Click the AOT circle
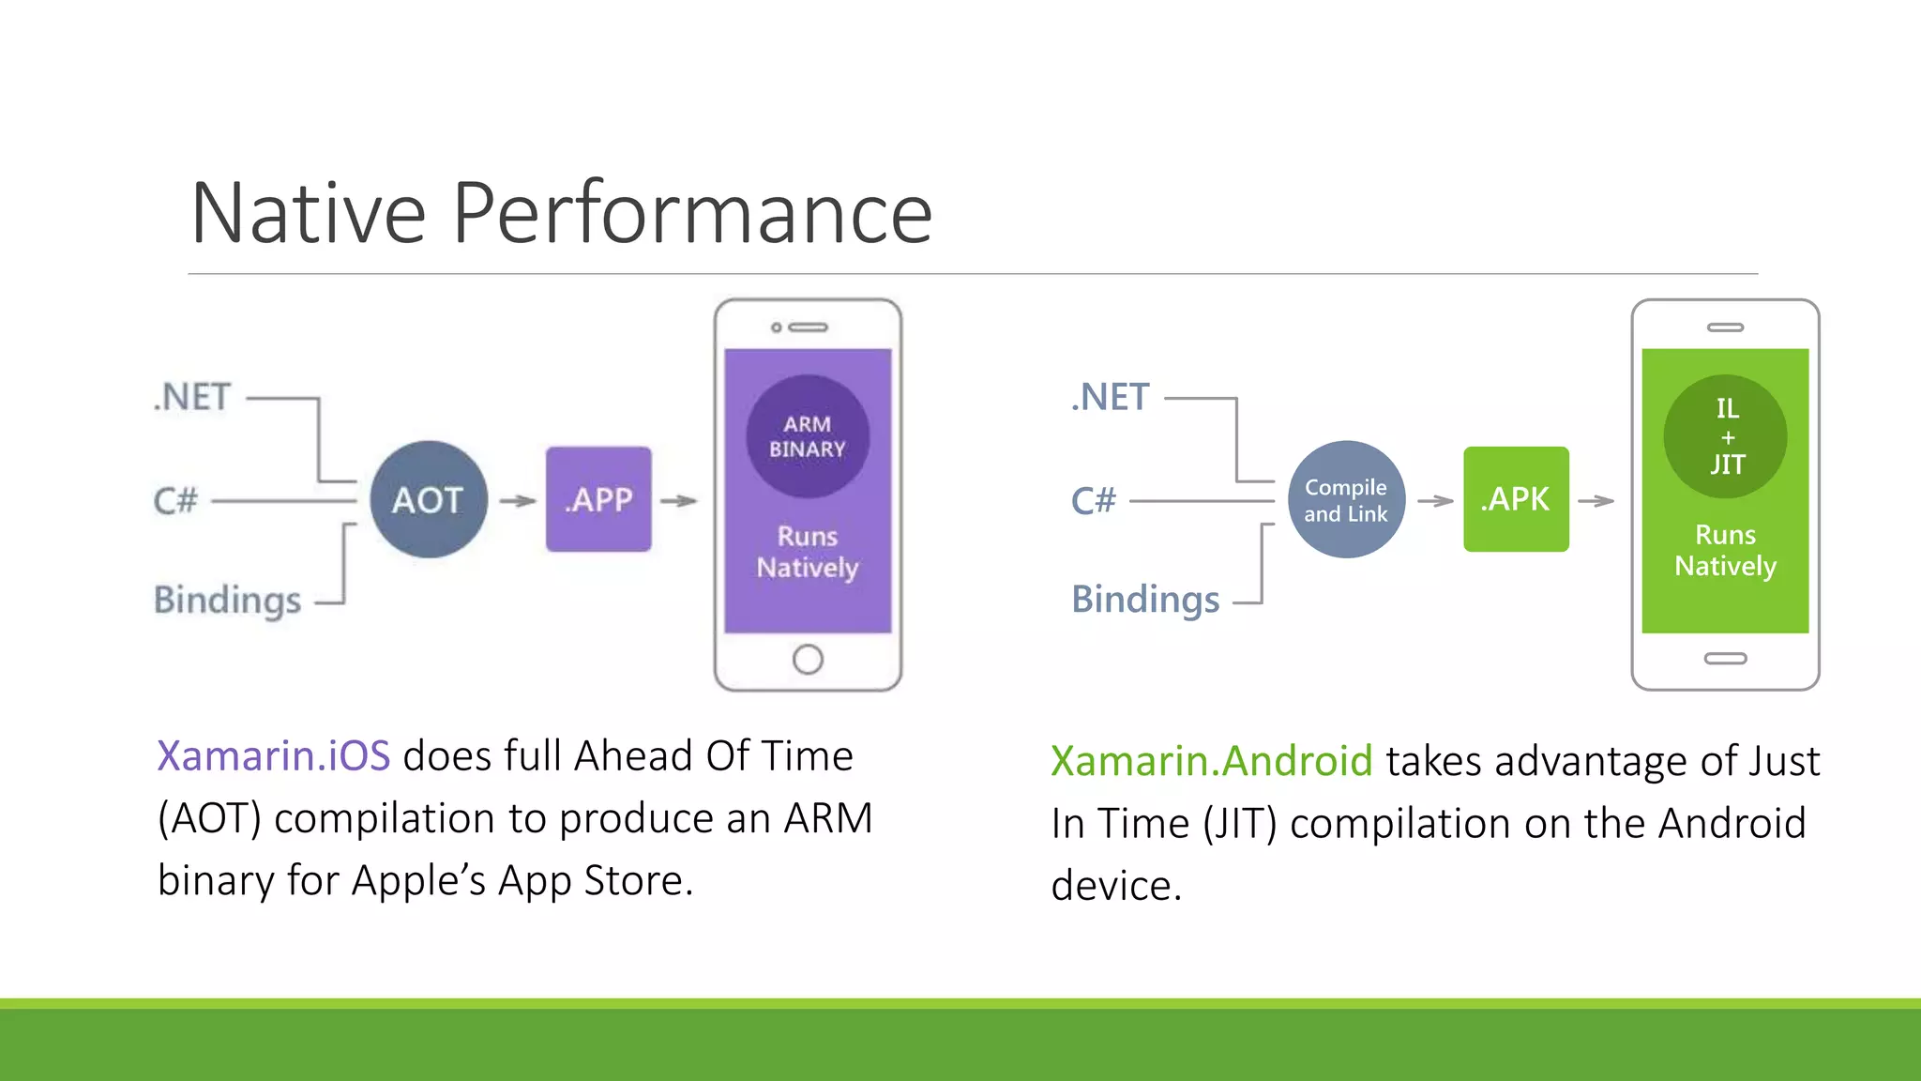428,499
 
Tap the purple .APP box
598,499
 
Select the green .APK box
1516,499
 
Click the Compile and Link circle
1346,499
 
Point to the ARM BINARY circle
808,436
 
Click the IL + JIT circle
1725,436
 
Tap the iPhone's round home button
808,659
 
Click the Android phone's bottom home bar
1725,659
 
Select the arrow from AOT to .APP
517,501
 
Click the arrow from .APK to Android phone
1596,501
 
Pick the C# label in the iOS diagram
175,501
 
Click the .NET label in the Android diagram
1111,397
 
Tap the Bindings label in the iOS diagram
227,600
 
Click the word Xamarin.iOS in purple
273,756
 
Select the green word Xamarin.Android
1211,761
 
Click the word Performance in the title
692,214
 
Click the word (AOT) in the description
209,818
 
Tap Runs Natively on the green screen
1725,550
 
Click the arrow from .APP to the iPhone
678,501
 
